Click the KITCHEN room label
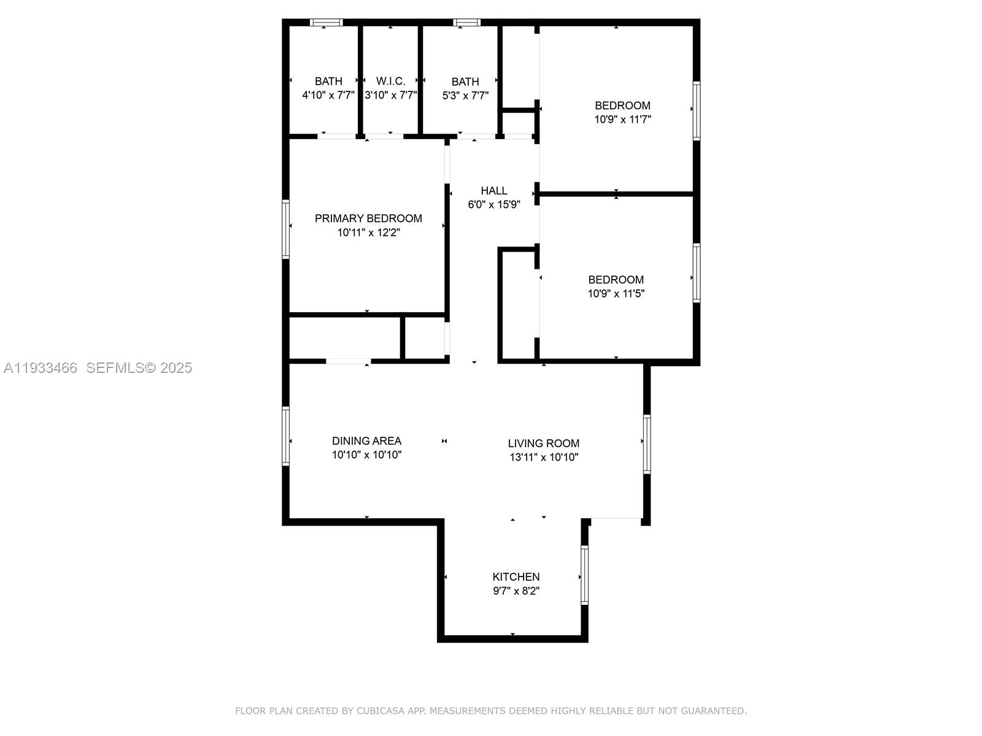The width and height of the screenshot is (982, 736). click(x=516, y=577)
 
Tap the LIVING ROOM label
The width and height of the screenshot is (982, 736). click(x=544, y=443)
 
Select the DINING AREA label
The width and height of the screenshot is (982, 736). click(x=366, y=441)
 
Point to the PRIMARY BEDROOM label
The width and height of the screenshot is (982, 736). click(x=368, y=218)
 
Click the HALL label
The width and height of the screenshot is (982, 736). click(x=494, y=191)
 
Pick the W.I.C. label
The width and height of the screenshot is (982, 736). click(x=390, y=82)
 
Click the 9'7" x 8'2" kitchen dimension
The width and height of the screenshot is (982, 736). click(x=516, y=591)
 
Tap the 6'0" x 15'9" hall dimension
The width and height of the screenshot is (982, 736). click(x=494, y=205)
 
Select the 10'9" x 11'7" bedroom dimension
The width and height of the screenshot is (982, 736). click(x=622, y=120)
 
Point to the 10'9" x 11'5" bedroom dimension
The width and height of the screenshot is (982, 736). click(x=616, y=294)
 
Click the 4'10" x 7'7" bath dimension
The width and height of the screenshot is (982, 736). click(x=328, y=95)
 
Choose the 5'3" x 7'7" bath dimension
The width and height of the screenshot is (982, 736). click(x=465, y=96)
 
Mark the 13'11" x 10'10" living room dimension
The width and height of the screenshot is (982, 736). click(x=544, y=457)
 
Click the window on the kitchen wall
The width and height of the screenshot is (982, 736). click(x=584, y=575)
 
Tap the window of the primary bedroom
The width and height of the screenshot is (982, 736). click(x=285, y=229)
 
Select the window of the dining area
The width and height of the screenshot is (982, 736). click(x=285, y=435)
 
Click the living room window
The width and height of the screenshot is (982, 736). click(x=646, y=443)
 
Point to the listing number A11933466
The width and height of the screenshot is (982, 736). click(x=41, y=368)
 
